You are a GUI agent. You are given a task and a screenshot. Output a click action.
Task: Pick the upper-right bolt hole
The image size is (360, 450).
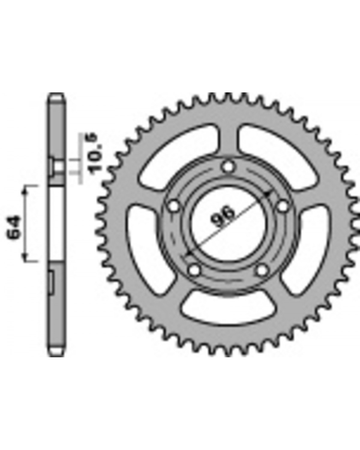[x=283, y=206]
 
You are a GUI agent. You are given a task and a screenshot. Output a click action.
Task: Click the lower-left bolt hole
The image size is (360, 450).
[x=194, y=270]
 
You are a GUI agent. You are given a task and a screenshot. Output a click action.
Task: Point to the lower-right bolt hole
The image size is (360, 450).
[x=262, y=270]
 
